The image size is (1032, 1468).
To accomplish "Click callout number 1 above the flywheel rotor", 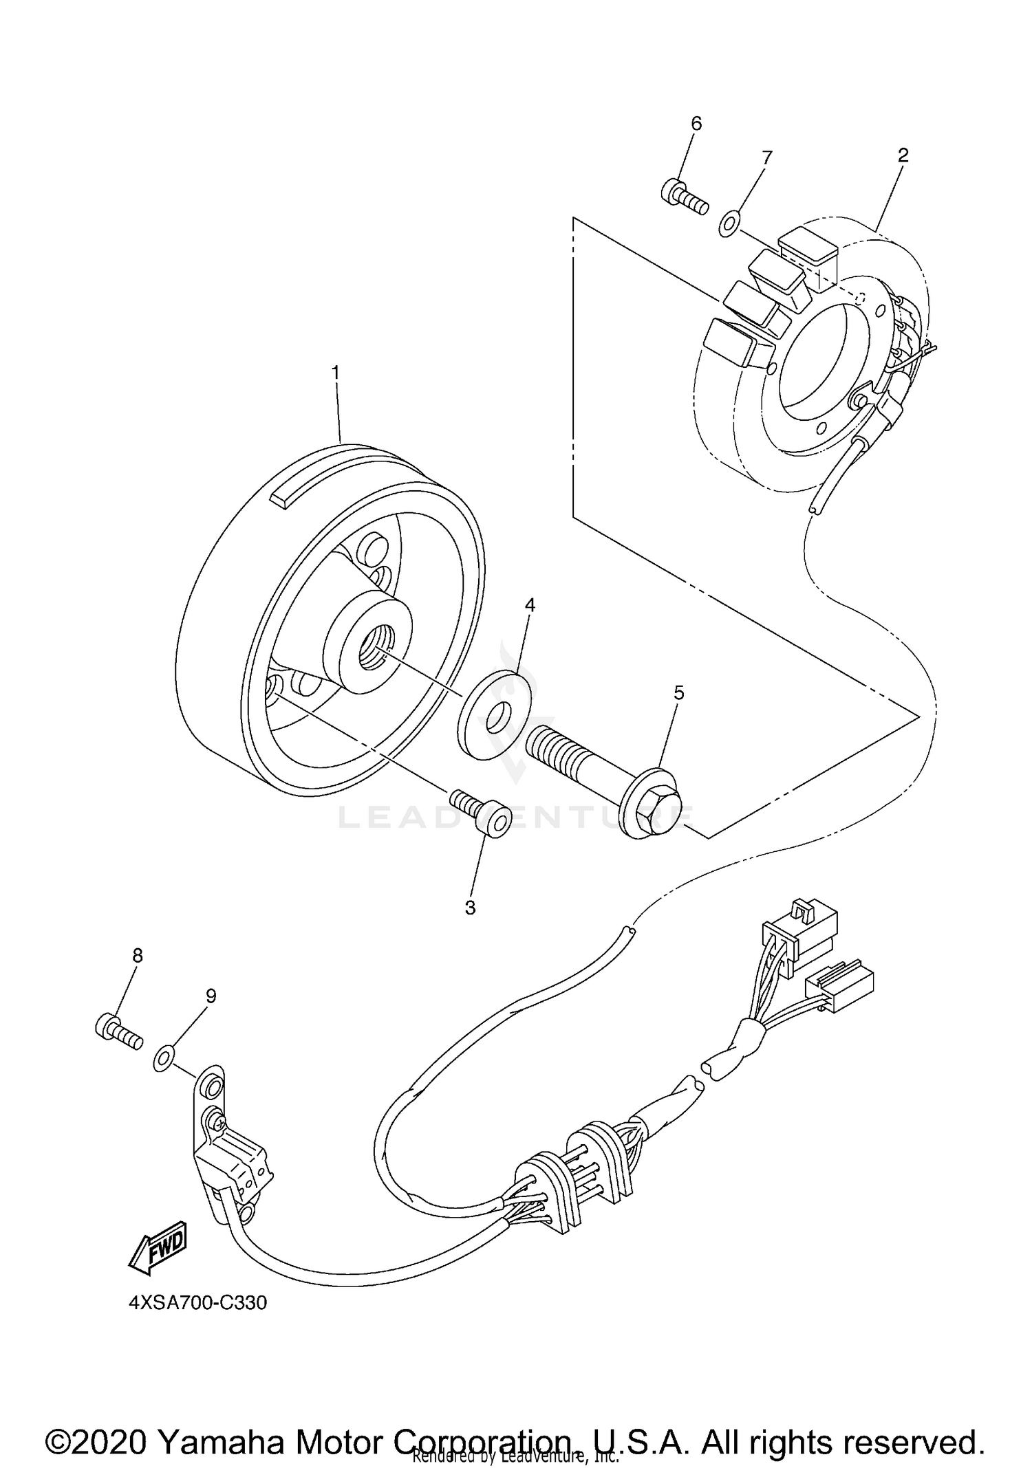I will [x=336, y=373].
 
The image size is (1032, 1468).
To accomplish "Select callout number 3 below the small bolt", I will [x=470, y=908].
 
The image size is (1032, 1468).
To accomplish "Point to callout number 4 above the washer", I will [x=530, y=604].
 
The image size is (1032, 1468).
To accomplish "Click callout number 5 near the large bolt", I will [x=678, y=693].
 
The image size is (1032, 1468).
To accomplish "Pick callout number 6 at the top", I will [x=696, y=124].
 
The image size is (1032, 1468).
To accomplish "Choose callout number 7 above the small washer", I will [x=766, y=157].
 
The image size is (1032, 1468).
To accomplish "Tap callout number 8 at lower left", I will [x=138, y=955].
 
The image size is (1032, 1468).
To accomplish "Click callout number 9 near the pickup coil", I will [x=211, y=996].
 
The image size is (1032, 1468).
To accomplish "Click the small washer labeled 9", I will [x=163, y=1060].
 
